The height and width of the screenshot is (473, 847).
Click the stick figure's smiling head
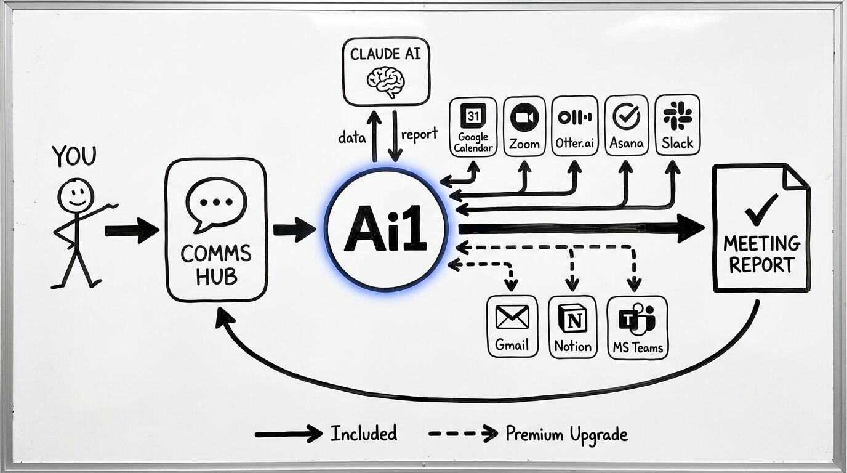click(76, 195)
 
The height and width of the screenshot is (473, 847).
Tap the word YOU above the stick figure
click(74, 156)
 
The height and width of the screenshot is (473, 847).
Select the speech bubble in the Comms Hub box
click(216, 204)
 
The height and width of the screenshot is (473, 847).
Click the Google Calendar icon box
click(473, 126)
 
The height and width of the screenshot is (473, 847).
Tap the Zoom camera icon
click(524, 117)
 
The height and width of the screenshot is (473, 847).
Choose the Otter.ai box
click(574, 126)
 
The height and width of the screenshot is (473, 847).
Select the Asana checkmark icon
click(627, 116)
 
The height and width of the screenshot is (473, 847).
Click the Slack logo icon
click(677, 115)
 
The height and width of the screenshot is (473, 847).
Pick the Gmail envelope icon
click(512, 317)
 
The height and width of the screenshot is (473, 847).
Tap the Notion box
click(572, 326)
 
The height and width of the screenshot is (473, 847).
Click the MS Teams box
click(637, 327)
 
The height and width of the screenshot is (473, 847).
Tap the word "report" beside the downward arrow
click(419, 134)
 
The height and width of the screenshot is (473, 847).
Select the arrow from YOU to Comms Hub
click(131, 230)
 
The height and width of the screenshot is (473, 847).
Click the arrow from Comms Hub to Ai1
click(294, 230)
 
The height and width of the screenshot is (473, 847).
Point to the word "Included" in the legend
click(363, 434)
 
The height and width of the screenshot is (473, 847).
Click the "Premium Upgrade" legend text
click(566, 434)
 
